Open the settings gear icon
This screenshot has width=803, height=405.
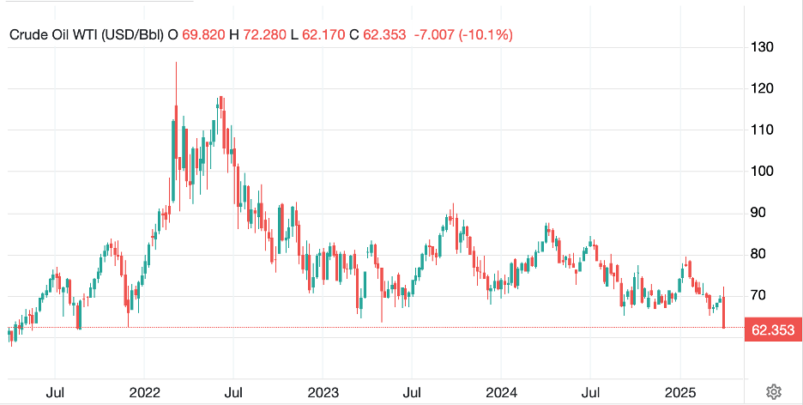pos(773,391)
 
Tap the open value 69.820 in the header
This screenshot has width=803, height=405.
pos(200,34)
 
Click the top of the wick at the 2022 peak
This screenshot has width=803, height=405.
pos(176,63)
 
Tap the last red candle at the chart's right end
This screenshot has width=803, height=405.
pos(725,312)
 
